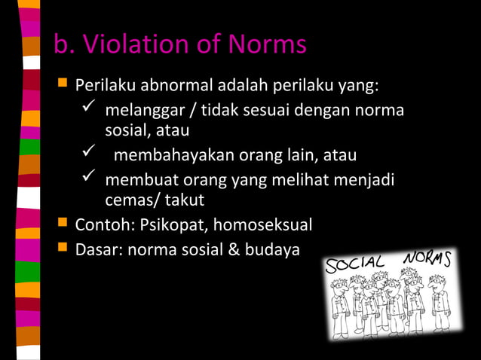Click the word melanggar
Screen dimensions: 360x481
(x=144, y=111)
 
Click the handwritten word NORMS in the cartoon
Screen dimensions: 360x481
(x=427, y=257)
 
